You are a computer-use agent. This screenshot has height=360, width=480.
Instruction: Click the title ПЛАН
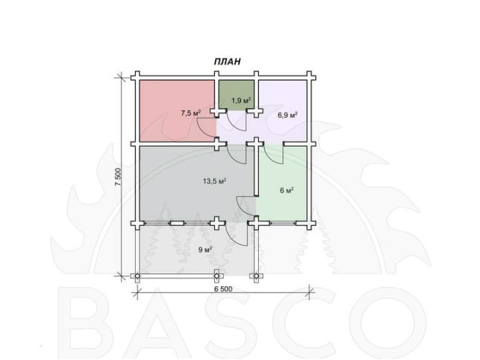point(227,61)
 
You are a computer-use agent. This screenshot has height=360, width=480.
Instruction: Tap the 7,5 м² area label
point(191,113)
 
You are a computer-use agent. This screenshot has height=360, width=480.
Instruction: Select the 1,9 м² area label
point(241,100)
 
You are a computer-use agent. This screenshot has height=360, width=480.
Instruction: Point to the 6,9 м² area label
point(288,115)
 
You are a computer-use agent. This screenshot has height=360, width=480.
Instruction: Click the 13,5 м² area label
point(214,181)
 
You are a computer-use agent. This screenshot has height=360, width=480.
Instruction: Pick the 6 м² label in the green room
point(287,190)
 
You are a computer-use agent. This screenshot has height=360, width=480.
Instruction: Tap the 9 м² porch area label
point(205,250)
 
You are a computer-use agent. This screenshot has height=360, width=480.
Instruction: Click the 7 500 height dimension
point(118,176)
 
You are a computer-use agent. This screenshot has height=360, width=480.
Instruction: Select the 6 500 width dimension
point(223,289)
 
